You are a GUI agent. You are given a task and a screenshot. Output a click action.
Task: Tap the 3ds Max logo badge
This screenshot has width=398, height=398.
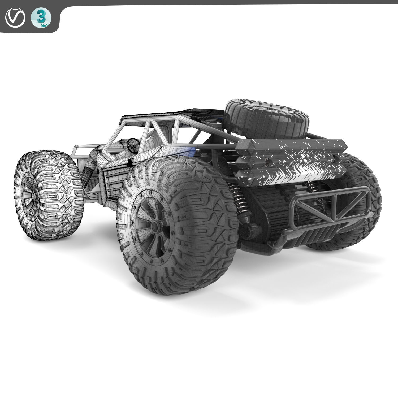[41, 19]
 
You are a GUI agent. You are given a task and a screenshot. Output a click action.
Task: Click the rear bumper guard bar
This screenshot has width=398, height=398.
[332, 210]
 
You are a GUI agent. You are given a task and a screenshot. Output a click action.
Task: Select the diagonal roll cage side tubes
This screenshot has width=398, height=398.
[154, 130]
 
